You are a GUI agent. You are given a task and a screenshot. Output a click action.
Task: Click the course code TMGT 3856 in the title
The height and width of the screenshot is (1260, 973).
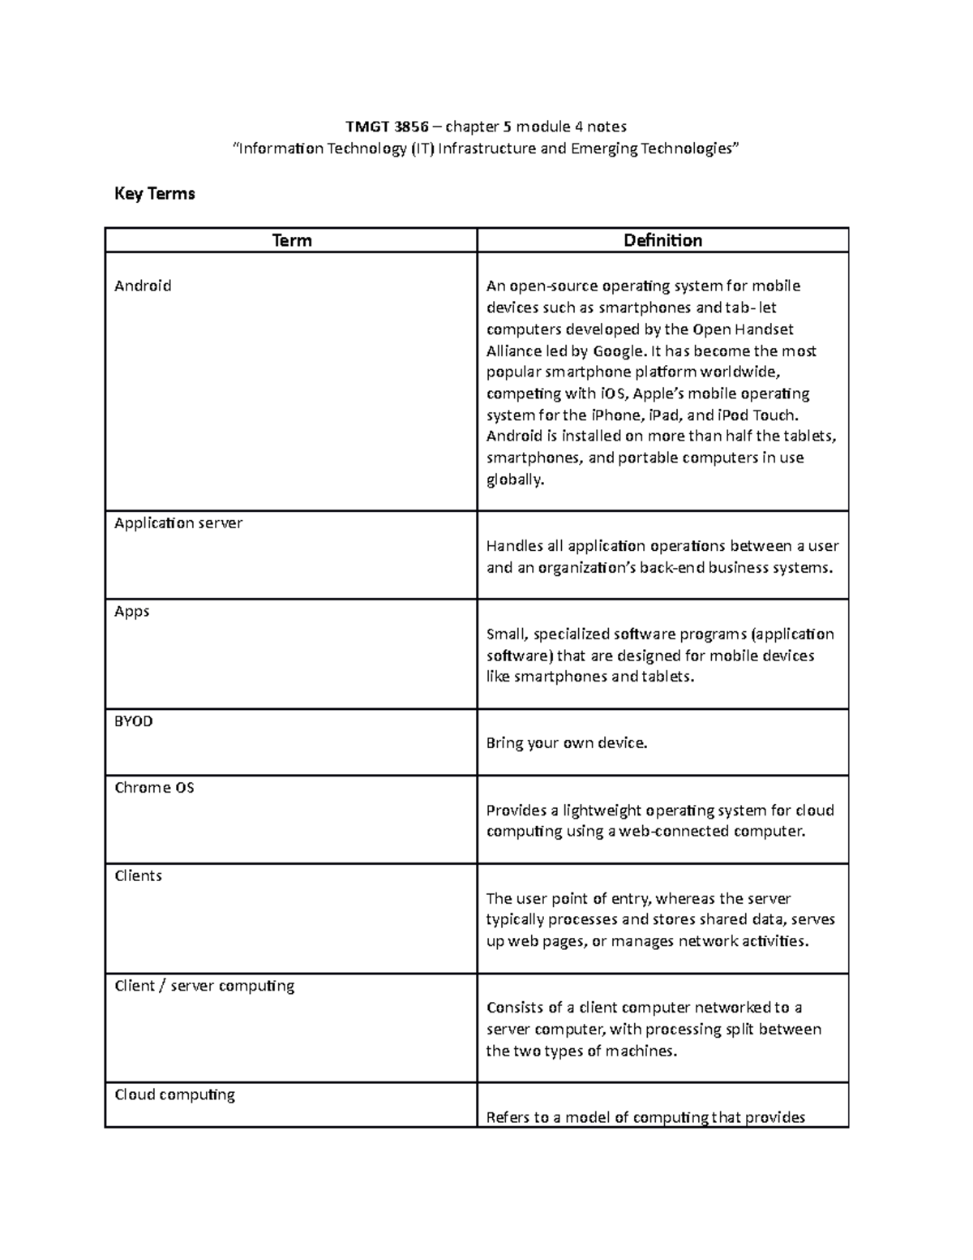pyautogui.click(x=387, y=127)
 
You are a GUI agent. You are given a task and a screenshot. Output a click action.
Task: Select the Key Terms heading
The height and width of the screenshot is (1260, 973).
pyautogui.click(x=155, y=194)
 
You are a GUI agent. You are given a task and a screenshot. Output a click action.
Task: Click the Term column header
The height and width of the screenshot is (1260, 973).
pyautogui.click(x=292, y=241)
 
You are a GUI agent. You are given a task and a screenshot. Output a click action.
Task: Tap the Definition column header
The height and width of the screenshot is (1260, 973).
pyautogui.click(x=662, y=241)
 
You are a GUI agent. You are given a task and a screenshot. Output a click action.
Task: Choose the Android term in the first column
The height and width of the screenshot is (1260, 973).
pyautogui.click(x=143, y=286)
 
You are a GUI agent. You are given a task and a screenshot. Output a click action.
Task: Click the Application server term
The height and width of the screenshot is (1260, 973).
pyautogui.click(x=178, y=523)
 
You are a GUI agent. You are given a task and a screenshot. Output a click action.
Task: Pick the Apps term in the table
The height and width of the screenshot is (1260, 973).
pyautogui.click(x=132, y=612)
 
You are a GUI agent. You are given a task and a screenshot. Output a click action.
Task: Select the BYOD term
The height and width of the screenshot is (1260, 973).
pyautogui.click(x=134, y=721)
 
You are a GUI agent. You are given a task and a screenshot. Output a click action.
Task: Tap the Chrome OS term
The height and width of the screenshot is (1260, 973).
pyautogui.click(x=154, y=788)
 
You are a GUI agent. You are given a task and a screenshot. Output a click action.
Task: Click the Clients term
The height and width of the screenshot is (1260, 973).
pyautogui.click(x=139, y=876)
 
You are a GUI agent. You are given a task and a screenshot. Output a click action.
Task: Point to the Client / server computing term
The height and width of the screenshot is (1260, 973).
pyautogui.click(x=204, y=986)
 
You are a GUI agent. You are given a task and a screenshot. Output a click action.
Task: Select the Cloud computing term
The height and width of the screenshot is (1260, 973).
pyautogui.click(x=175, y=1095)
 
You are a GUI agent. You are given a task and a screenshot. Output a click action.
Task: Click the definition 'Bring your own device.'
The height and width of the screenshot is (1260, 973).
pyautogui.click(x=567, y=743)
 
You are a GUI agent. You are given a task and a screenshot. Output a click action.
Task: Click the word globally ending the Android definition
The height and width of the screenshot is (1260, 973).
pyautogui.click(x=515, y=479)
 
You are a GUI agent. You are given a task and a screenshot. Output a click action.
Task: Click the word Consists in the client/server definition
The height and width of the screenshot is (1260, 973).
pyautogui.click(x=515, y=1008)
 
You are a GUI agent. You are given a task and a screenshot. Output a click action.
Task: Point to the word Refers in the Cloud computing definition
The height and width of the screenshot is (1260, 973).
pyautogui.click(x=508, y=1118)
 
